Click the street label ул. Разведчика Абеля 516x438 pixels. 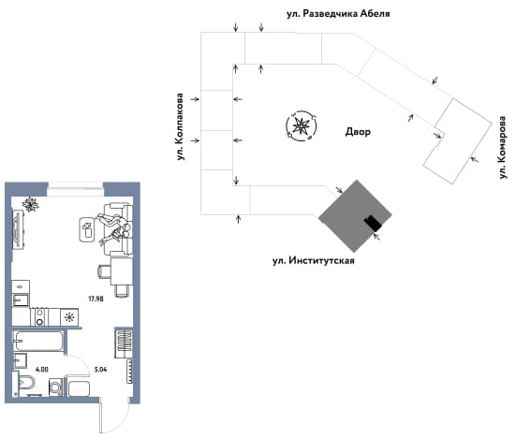(338, 14)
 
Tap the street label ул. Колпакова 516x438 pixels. (180, 127)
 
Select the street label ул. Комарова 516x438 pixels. (502, 147)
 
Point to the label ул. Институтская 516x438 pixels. (314, 261)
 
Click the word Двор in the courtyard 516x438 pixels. (358, 132)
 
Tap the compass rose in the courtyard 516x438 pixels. (302, 126)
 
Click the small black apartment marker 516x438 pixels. (373, 223)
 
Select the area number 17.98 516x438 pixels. (96, 299)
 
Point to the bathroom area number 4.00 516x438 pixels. (42, 370)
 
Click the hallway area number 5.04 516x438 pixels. (100, 370)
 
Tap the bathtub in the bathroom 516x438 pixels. (38, 341)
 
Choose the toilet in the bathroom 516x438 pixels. (25, 385)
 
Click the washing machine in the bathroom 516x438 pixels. (55, 387)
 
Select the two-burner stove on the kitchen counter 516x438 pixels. (40, 317)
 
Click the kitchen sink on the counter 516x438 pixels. (21, 299)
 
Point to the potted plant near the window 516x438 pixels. (30, 205)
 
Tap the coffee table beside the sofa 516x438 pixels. (87, 229)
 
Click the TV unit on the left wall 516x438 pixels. (18, 229)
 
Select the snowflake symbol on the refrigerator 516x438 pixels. (69, 317)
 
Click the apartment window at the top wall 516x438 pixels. (76, 190)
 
